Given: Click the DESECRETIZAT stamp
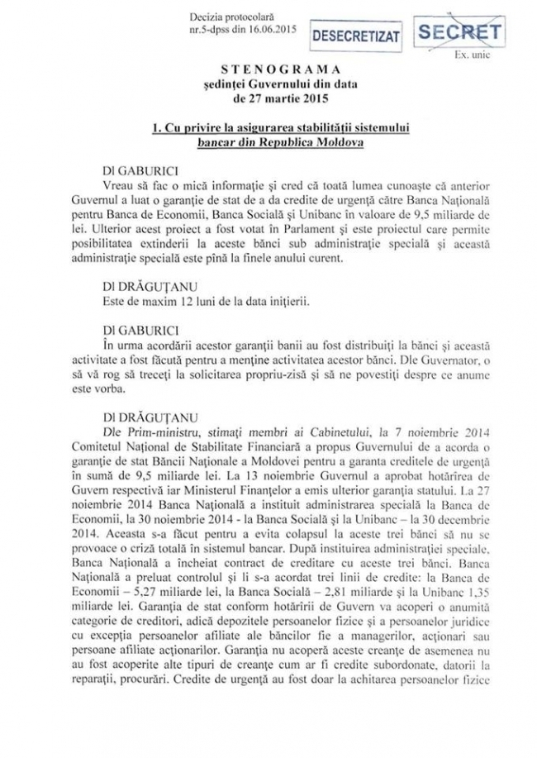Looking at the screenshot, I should (354, 38).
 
